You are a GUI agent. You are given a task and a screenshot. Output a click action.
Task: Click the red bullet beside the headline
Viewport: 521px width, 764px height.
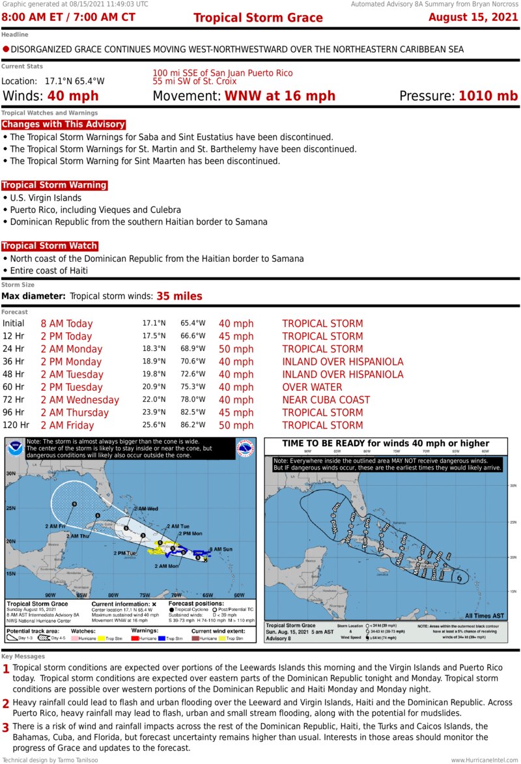[x=6, y=49]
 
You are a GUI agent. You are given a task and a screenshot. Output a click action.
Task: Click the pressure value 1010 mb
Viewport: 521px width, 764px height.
[x=488, y=96]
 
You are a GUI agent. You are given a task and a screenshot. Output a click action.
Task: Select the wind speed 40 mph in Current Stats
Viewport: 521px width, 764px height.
[x=73, y=96]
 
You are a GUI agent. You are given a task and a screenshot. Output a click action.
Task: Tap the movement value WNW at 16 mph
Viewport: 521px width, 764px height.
[x=280, y=96]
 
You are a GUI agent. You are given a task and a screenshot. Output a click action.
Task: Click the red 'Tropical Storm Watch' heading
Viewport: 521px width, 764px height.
[x=49, y=246]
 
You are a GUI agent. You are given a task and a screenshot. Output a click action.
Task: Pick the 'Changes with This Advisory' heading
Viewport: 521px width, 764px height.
[x=63, y=124]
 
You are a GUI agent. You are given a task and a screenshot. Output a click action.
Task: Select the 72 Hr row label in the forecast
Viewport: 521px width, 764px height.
[x=13, y=400]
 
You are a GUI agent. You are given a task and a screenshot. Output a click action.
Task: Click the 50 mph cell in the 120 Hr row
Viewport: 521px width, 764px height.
[x=236, y=425]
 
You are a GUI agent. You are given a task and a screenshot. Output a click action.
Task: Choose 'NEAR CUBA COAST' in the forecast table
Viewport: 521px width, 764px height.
[x=326, y=400]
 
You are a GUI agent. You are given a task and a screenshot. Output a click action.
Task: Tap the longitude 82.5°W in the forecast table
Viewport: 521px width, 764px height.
[x=193, y=412]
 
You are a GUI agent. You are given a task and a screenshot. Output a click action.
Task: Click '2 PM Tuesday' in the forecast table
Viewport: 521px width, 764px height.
[x=72, y=387]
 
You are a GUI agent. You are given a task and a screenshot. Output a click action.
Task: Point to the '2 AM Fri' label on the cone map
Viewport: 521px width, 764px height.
[x=55, y=526]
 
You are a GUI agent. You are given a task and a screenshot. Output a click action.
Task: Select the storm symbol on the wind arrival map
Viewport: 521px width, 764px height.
[x=460, y=577]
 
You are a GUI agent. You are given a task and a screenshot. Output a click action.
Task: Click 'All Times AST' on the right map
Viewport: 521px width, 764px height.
[x=485, y=615]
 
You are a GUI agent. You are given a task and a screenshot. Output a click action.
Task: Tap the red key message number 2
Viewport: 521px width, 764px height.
[x=6, y=703]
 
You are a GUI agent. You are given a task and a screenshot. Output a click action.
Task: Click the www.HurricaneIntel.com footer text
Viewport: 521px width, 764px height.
[x=485, y=759]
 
